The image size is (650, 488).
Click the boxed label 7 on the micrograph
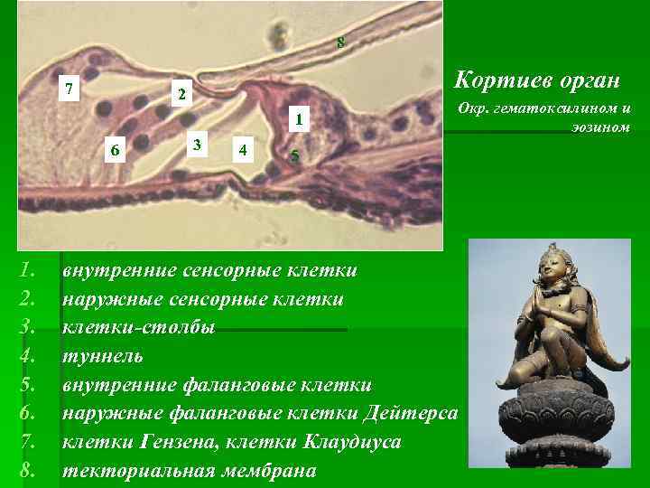pyautogui.click(x=70, y=89)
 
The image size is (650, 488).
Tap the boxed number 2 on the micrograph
pyautogui.click(x=181, y=95)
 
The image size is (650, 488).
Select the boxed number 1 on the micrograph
pyautogui.click(x=300, y=118)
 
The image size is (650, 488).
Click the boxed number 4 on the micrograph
pyautogui.click(x=239, y=148)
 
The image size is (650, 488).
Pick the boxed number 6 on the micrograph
pyautogui.click(x=114, y=150)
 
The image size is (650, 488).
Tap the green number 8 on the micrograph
pyautogui.click(x=340, y=42)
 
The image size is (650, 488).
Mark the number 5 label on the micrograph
pyautogui.click(x=294, y=157)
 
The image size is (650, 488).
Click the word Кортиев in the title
pyautogui.click(x=499, y=81)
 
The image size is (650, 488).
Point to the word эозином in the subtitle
pyautogui.click(x=599, y=127)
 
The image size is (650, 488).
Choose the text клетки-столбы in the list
pyautogui.click(x=138, y=328)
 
